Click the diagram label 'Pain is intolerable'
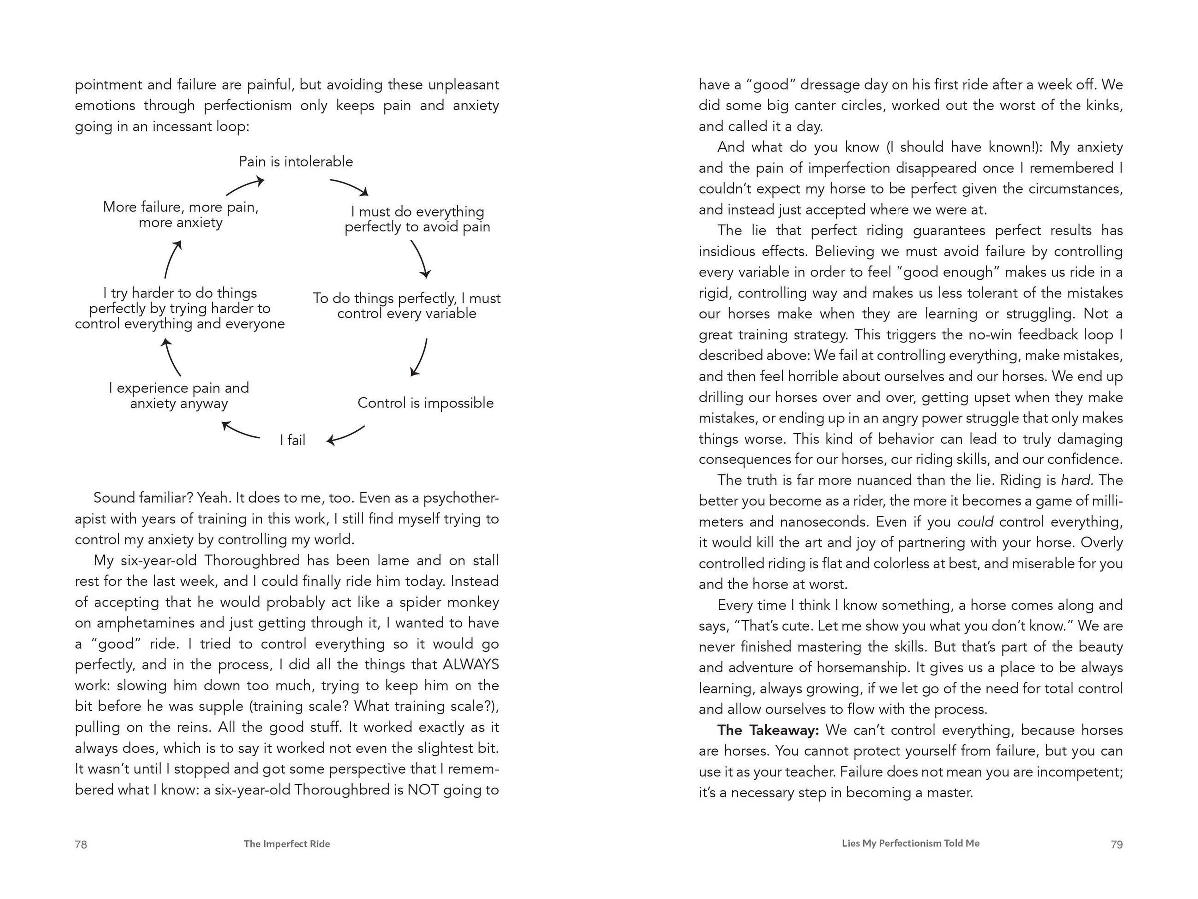296,161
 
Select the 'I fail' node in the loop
293,440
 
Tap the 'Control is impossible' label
426,403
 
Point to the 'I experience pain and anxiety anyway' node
179,396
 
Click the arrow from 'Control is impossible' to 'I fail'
346,435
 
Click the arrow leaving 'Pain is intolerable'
350,186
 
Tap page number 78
81,844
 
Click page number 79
1116,844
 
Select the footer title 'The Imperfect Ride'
287,844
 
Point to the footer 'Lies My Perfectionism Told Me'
910,843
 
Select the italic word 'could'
975,522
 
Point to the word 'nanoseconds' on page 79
823,522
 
